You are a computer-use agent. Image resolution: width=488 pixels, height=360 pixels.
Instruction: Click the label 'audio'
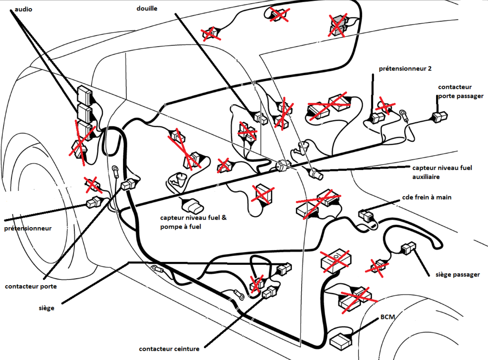[x=24, y=9]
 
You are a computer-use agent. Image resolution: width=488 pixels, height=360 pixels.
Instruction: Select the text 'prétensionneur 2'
[x=405, y=69]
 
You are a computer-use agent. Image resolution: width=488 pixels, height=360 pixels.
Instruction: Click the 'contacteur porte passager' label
[x=460, y=91]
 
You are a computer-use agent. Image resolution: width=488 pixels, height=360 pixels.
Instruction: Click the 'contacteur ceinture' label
[x=169, y=349]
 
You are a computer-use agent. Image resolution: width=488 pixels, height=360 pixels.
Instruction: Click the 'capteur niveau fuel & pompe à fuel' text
[x=193, y=223]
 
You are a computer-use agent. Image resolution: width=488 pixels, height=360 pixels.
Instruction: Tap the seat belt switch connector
[x=269, y=293]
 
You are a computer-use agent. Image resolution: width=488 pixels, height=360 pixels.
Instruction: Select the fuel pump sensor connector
[x=195, y=206]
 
